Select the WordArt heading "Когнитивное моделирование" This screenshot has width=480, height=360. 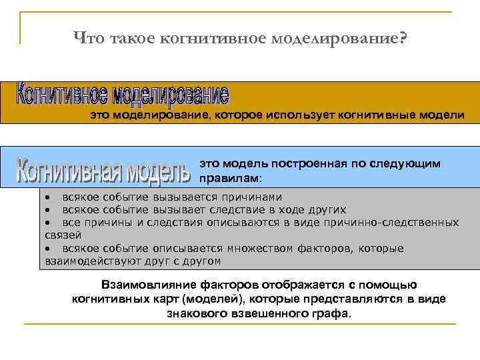[x=123, y=96]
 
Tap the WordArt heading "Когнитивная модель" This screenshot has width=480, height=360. [x=103, y=170]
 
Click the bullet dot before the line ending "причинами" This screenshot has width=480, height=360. [x=48, y=198]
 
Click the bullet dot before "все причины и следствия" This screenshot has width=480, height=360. [x=48, y=223]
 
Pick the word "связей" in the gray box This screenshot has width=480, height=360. [x=63, y=235]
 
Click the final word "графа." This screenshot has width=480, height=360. [x=333, y=312]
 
